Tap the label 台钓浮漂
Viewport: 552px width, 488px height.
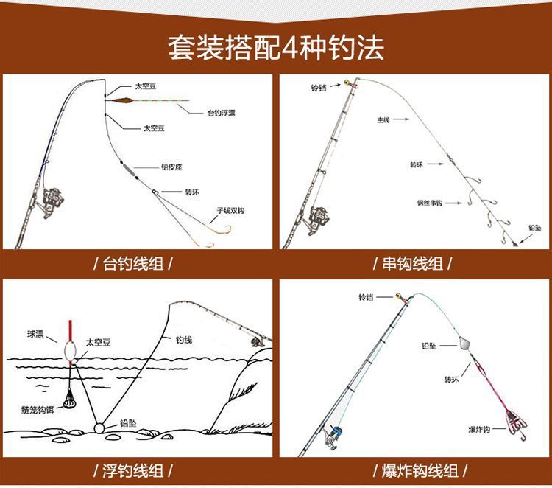222,113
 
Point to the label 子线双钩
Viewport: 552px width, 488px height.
230,210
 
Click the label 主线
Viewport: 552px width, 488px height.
383,119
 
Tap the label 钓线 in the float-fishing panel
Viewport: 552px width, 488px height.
183,340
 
